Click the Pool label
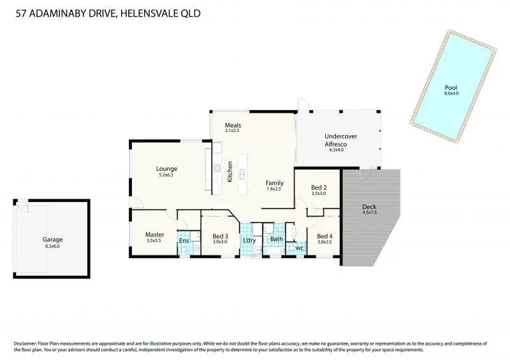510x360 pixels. click(x=451, y=87)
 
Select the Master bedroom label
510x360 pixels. click(x=155, y=234)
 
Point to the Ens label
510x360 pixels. click(x=184, y=240)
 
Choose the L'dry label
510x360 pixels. click(x=249, y=240)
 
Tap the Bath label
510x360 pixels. click(x=276, y=240)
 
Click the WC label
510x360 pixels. click(x=299, y=247)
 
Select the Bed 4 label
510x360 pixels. click(x=324, y=235)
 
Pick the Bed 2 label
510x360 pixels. click(x=319, y=187)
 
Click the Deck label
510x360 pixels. click(x=369, y=207)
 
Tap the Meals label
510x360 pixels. click(x=233, y=125)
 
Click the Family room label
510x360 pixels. click(x=275, y=183)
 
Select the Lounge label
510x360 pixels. click(x=166, y=169)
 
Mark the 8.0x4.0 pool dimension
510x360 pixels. click(x=451, y=94)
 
